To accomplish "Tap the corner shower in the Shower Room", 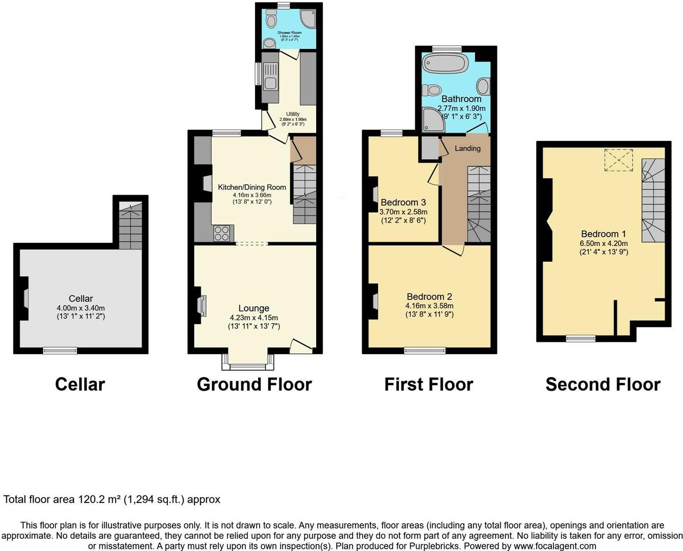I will pyautogui.click(x=308, y=18).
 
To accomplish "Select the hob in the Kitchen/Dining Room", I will pyautogui.click(x=222, y=233).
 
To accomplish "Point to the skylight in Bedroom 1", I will pyautogui.click(x=618, y=160).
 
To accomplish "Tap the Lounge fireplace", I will pyautogui.click(x=202, y=306).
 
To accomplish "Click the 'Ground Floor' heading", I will pyautogui.click(x=254, y=384).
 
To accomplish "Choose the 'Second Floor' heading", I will pyautogui.click(x=602, y=384).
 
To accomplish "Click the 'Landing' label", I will pyautogui.click(x=467, y=148).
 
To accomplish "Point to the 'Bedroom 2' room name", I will pyautogui.click(x=429, y=296).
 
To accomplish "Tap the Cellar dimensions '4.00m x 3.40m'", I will pyautogui.click(x=81, y=308).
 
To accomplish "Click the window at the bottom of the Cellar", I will pyautogui.click(x=60, y=350).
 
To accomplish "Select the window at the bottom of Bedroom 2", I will pyautogui.click(x=424, y=350).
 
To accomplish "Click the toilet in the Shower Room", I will pyautogui.click(x=271, y=21).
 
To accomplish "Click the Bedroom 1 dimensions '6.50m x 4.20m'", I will pyautogui.click(x=603, y=243).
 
